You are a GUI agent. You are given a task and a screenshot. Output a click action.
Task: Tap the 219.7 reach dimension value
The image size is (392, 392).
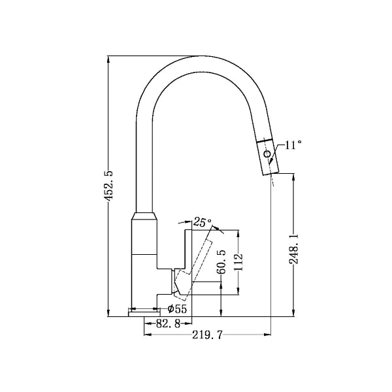coord(208,335)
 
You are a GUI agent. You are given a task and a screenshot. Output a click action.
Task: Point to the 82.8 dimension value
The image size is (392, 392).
coord(169,323)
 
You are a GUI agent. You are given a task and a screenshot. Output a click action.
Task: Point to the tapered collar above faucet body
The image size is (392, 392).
coord(144,218)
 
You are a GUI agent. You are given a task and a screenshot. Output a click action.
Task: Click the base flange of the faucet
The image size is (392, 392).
coord(144,312)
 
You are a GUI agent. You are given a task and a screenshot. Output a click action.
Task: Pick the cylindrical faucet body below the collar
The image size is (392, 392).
coord(144,261)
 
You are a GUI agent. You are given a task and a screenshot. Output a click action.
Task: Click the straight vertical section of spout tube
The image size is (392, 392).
coord(144,163)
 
